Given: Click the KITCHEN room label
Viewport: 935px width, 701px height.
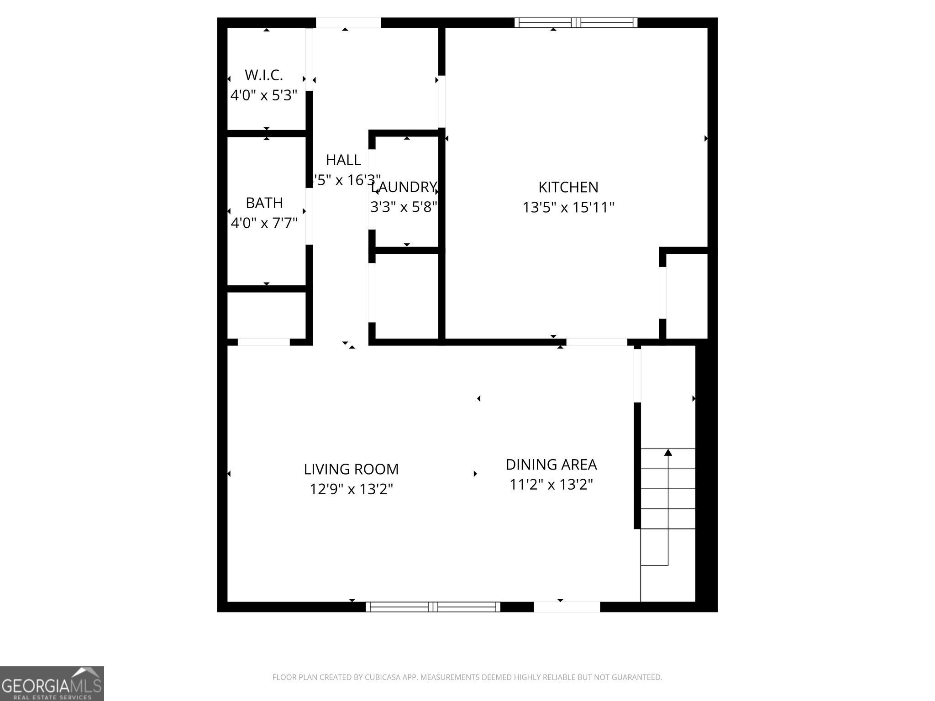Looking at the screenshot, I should click(568, 187).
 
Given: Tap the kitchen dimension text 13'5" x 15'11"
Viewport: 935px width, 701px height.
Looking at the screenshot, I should click(568, 208).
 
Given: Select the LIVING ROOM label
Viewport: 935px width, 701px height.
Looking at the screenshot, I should click(351, 469).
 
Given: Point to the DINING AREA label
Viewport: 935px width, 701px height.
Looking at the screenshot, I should click(551, 465).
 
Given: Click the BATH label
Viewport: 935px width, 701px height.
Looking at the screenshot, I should click(264, 203).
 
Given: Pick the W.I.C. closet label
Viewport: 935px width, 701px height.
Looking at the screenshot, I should click(263, 75).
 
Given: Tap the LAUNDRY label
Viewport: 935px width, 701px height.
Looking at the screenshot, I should click(404, 187).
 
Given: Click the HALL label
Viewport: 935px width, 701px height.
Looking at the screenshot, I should click(343, 160).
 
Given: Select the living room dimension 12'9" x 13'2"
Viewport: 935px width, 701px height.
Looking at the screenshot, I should click(351, 489).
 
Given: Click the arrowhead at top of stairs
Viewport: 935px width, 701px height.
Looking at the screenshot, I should click(668, 452).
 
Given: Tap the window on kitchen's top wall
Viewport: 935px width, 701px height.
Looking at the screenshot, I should click(576, 23).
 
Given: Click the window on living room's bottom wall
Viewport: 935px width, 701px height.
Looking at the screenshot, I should click(433, 607).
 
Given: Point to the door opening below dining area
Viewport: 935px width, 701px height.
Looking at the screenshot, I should click(567, 607).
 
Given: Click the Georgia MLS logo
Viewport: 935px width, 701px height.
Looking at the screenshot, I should click(52, 683).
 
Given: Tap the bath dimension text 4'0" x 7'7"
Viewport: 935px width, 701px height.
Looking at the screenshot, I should click(264, 223).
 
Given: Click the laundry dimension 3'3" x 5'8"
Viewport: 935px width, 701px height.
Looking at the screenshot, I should click(404, 207).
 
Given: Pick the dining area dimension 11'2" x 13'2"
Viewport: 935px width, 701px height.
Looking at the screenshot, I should click(551, 484).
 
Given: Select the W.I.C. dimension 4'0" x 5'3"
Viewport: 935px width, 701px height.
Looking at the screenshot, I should click(263, 95).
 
